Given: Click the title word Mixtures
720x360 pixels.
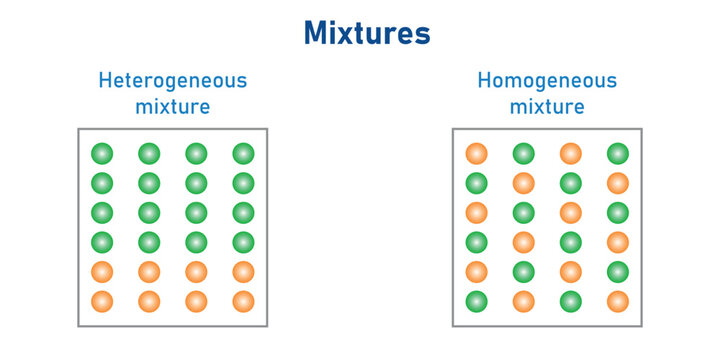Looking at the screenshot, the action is click(367, 34).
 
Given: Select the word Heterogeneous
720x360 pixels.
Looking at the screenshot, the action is click(172, 81).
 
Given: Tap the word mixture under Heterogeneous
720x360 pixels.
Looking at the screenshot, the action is click(172, 106).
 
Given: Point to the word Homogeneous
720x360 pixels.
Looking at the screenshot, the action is click(547, 81).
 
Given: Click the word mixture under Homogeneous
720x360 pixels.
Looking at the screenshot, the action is click(547, 106).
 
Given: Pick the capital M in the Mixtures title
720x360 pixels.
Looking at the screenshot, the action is click(319, 34).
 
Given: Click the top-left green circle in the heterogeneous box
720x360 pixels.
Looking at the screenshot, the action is click(102, 154).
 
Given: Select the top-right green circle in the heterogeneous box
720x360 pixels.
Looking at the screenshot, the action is click(243, 154).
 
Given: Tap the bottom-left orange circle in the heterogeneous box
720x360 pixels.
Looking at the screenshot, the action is click(102, 301).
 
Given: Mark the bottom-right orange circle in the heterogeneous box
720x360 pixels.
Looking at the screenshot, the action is click(243, 301).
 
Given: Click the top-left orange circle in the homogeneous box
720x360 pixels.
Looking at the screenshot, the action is click(477, 154).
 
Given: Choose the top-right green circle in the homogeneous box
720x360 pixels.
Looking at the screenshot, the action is click(618, 154).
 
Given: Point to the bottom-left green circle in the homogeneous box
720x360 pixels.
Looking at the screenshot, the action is click(477, 301).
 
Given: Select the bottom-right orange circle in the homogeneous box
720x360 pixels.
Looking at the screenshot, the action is click(618, 301).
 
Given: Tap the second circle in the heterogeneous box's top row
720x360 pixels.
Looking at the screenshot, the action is click(149, 154).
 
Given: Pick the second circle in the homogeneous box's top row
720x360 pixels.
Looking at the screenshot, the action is click(524, 154).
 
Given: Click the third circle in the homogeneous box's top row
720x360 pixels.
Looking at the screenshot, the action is click(571, 154).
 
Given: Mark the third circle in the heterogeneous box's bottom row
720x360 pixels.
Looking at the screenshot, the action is click(196, 301).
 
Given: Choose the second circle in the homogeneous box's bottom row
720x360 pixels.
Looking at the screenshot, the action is click(524, 301).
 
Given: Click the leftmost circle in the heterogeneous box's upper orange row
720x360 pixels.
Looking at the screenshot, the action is click(102, 272).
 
